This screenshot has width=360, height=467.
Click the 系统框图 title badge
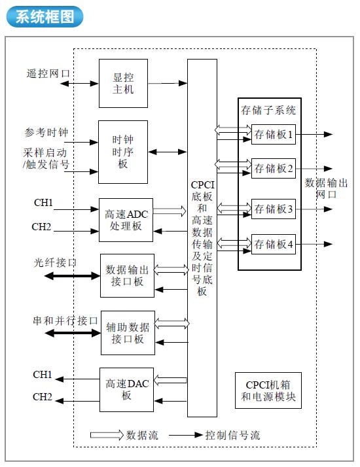click(x=45, y=17)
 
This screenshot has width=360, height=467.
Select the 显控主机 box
click(x=123, y=84)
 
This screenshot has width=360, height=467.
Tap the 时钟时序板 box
click(x=123, y=152)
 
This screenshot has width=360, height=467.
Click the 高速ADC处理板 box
click(x=126, y=220)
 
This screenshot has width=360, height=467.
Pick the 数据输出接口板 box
click(x=127, y=275)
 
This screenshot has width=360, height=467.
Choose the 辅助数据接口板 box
click(x=128, y=333)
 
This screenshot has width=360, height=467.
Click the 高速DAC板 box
click(x=127, y=390)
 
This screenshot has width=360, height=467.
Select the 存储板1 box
click(x=274, y=134)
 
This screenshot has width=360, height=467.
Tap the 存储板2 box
click(x=274, y=169)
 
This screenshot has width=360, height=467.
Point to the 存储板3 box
click(x=274, y=209)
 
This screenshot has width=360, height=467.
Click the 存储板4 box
click(x=274, y=244)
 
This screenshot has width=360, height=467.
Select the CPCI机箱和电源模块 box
click(x=268, y=390)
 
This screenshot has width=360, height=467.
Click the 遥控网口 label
click(x=48, y=73)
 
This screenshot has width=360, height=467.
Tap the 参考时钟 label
click(x=46, y=132)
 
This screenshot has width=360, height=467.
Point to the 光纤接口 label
click(x=55, y=263)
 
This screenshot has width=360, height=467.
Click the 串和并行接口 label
click(x=65, y=320)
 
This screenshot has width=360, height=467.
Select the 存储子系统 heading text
click(x=268, y=110)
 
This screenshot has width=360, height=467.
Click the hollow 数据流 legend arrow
click(x=107, y=435)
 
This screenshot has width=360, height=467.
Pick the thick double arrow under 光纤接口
click(x=72, y=276)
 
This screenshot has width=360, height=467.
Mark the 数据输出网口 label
click(x=327, y=188)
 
